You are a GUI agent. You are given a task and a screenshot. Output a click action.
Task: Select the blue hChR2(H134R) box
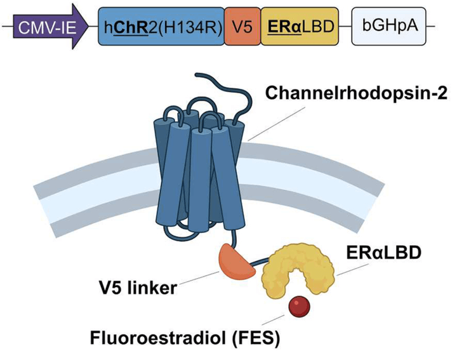coord(161,26)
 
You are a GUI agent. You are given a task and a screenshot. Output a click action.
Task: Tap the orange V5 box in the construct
coord(242,26)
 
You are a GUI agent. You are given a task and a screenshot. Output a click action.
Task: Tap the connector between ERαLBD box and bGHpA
coord(345,26)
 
